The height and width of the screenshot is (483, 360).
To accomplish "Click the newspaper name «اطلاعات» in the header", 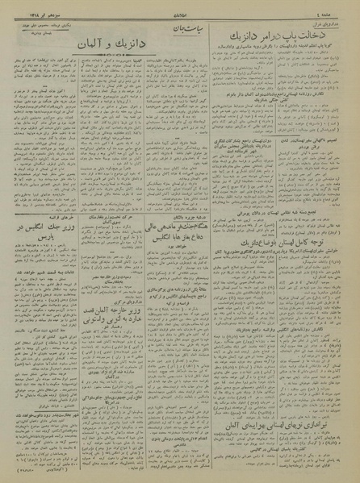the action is [x=178, y=10].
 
